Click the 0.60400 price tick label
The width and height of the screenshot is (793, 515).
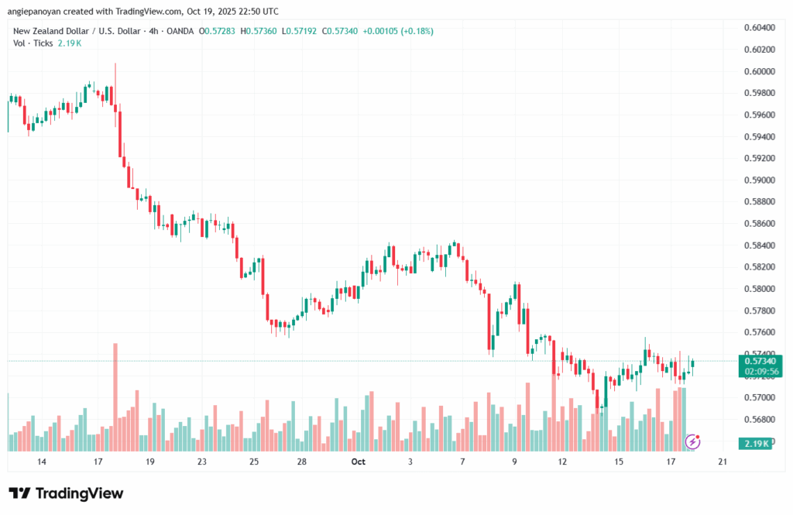(x=759, y=28)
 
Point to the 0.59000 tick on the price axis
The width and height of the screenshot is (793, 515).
(x=759, y=180)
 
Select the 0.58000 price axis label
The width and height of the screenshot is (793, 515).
(x=759, y=289)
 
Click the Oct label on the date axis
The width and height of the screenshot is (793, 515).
(x=358, y=462)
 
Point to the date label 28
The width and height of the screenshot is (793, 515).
(x=302, y=462)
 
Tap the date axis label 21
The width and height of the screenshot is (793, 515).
(x=722, y=462)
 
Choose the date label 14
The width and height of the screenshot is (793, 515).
(x=41, y=462)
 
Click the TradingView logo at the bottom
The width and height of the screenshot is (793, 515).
(x=66, y=493)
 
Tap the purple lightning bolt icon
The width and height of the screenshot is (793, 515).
(x=694, y=442)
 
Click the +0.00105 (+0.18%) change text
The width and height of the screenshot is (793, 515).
(x=400, y=31)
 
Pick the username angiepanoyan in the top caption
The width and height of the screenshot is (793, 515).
(x=36, y=12)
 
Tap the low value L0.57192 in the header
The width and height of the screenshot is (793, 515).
(x=300, y=31)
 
